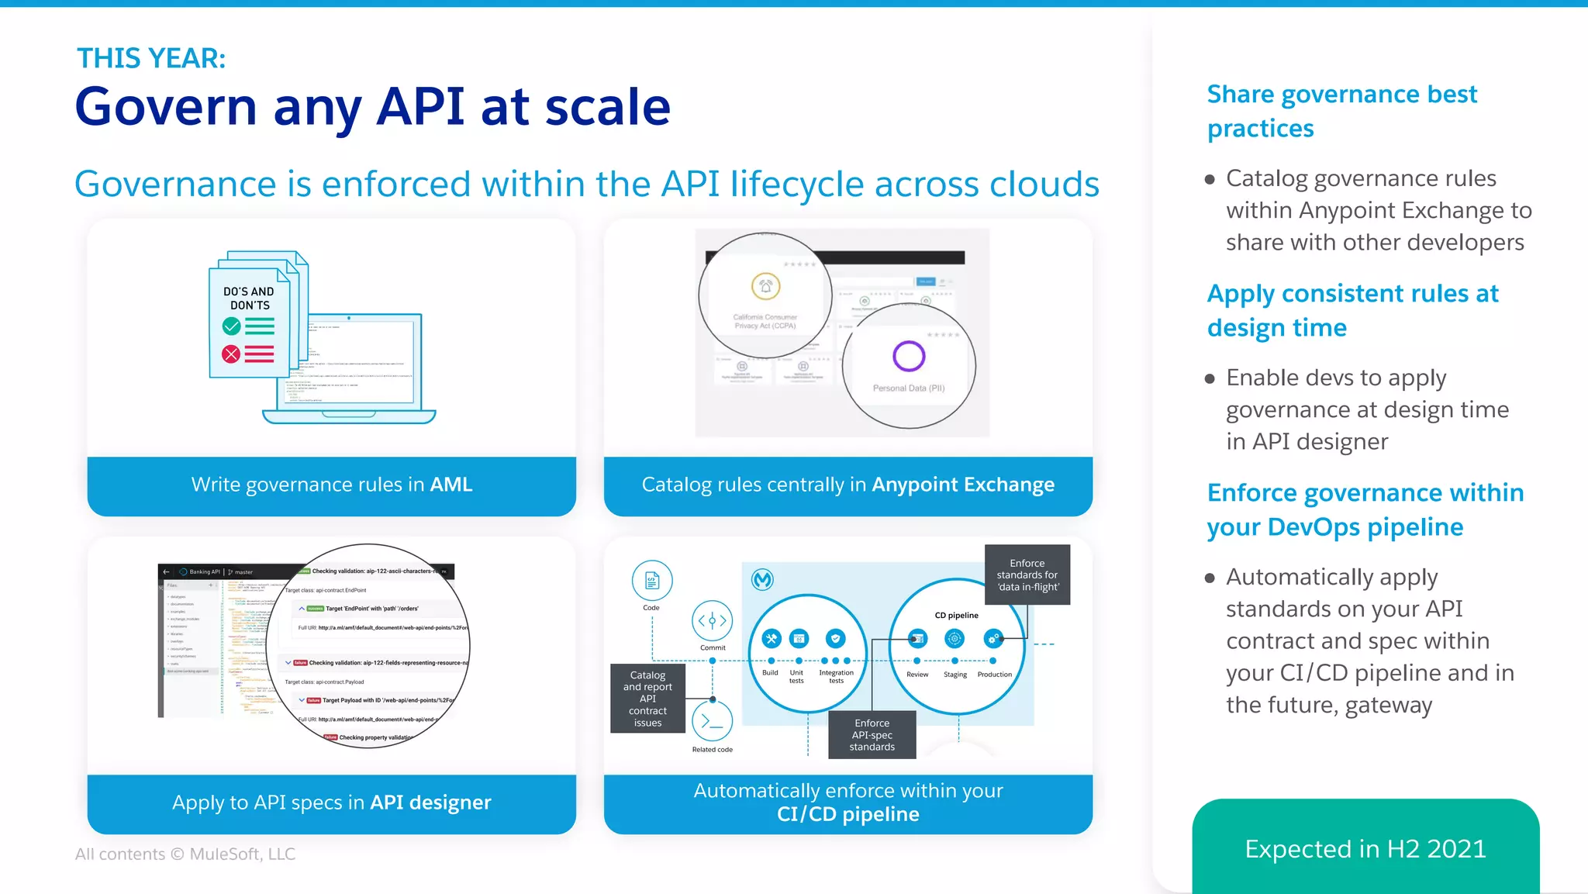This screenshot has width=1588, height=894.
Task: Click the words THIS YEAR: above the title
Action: [x=151, y=58]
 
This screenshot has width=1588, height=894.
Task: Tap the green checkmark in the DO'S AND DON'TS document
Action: [x=231, y=326]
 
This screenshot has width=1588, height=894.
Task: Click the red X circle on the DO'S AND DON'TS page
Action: [x=231, y=354]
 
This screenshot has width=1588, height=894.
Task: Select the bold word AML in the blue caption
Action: [x=451, y=485]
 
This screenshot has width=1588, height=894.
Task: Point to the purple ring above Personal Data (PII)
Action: [x=909, y=356]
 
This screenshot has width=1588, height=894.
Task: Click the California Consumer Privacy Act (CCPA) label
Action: [x=765, y=321]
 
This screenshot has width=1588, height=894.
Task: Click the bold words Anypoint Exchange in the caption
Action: [x=963, y=485]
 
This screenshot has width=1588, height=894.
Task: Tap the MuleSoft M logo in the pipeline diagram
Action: [x=763, y=579]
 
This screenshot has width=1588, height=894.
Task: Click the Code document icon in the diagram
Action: [x=652, y=581]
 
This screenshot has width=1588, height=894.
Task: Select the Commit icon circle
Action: [x=712, y=621]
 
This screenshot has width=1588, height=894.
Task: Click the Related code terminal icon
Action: [x=712, y=721]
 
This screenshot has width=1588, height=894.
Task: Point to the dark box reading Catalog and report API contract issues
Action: [x=647, y=699]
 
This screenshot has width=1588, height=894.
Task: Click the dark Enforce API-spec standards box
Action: [x=872, y=734]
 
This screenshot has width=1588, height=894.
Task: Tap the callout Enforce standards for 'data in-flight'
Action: [x=1027, y=575]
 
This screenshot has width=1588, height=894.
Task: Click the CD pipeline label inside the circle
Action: [x=956, y=615]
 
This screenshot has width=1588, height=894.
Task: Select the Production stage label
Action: [x=994, y=675]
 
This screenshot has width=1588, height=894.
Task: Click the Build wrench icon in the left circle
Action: [x=771, y=639]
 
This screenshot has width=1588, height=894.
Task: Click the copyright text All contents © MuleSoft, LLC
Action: [x=185, y=854]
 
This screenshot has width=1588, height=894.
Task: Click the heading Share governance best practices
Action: [x=1341, y=111]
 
